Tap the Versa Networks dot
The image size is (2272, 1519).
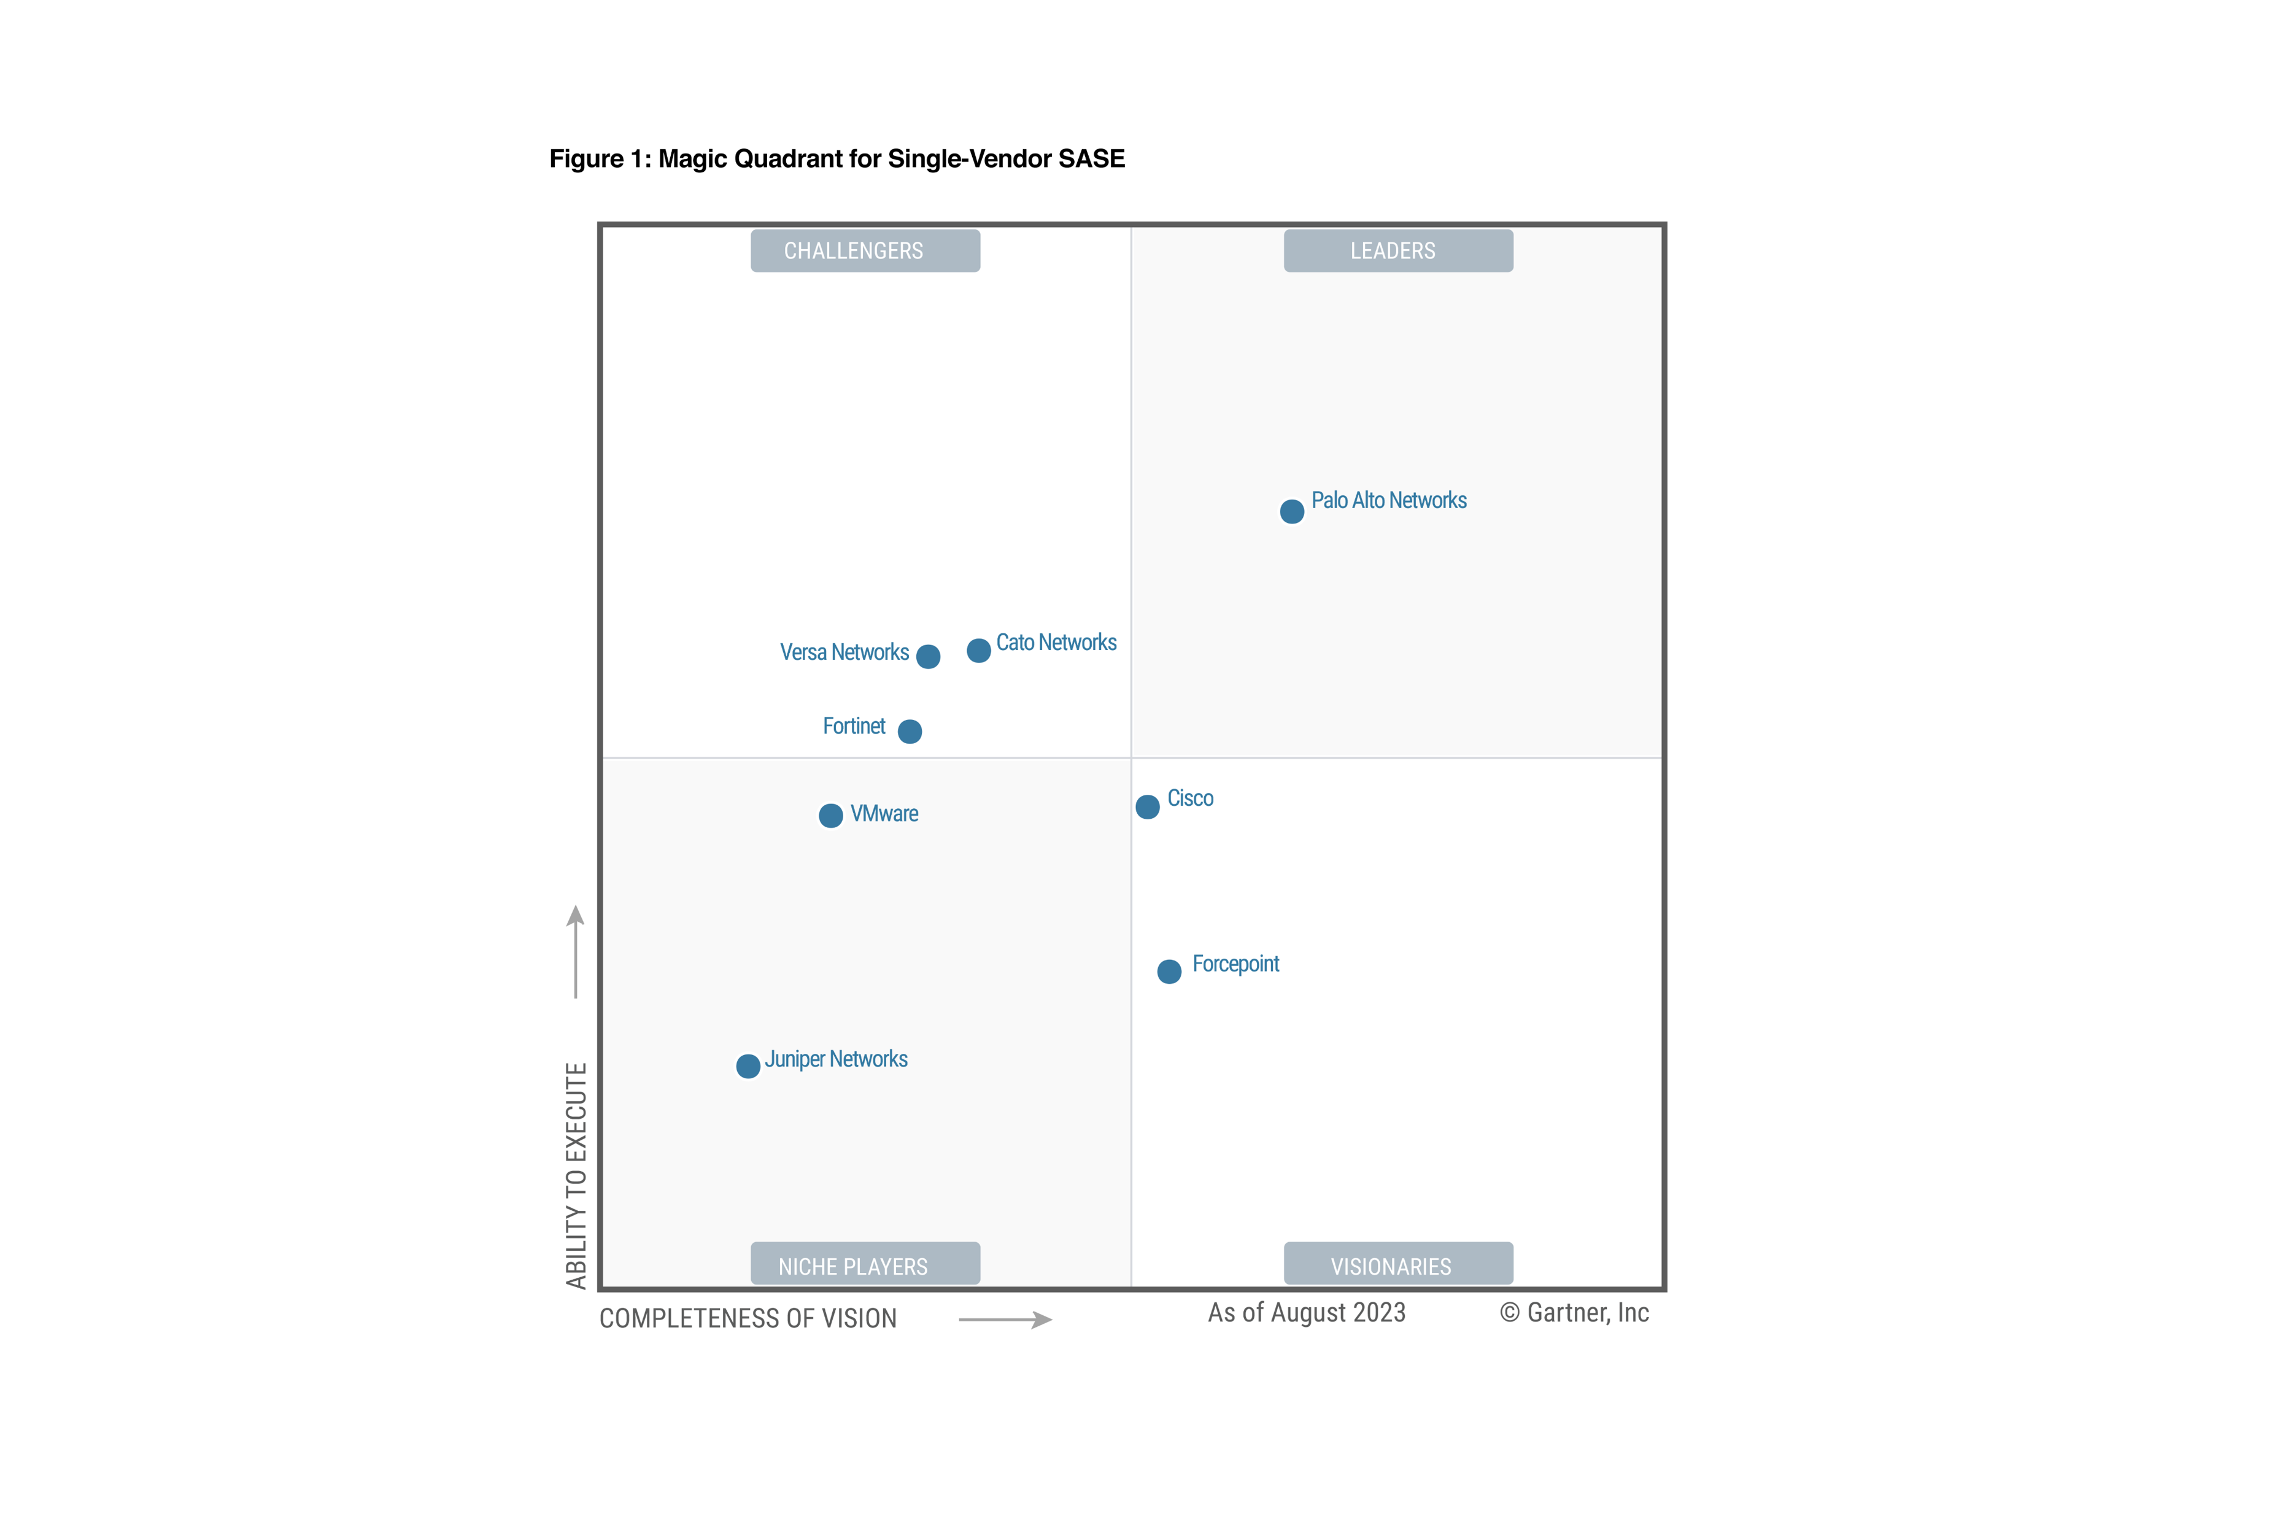tap(928, 657)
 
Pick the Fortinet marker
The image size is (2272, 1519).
tap(910, 732)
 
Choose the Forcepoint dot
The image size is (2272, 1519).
tap(1169, 972)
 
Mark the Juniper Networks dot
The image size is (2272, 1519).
tap(748, 1067)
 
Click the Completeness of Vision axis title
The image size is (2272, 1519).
tap(748, 1318)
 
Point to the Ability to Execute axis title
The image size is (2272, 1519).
tap(576, 1175)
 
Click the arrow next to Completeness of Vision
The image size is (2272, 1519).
tap(1005, 1320)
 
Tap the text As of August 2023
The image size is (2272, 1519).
tap(1307, 1313)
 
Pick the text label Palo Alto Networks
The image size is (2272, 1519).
tap(1389, 501)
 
